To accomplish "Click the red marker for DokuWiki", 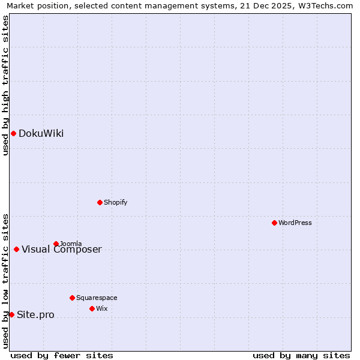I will pos(13,133).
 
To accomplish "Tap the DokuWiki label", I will pos(41,134).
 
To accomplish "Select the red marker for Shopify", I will pos(100,202).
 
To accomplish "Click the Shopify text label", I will pos(115,203).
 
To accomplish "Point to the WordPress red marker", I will pos(274,223).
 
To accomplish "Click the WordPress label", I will pos(295,223).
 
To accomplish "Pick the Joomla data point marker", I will pos(56,244).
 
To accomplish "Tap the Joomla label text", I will pos(71,244).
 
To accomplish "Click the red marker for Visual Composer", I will pos(16,249).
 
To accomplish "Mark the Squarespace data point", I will pos(72,298).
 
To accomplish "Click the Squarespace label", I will pos(97,298).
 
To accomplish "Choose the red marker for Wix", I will pos(92,308).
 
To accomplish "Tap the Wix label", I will pos(102,309).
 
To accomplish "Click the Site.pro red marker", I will pos(11,314).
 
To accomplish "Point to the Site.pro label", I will pos(35,315).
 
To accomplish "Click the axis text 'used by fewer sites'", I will pos(62,355).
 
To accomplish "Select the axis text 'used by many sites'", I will pos(301,355).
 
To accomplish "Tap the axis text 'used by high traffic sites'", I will pos(5,85).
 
